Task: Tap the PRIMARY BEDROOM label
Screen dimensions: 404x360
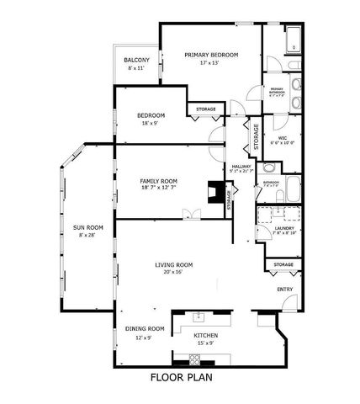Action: (x=212, y=55)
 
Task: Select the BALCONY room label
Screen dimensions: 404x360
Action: (x=137, y=60)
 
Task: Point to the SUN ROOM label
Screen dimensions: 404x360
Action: (x=87, y=227)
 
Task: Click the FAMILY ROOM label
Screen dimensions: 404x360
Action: (x=158, y=181)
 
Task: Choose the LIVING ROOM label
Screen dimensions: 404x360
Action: (x=174, y=265)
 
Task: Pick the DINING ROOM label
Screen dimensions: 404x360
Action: (x=145, y=328)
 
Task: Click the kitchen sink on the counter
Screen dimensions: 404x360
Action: (x=199, y=316)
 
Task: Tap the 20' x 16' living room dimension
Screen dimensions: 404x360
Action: (x=174, y=273)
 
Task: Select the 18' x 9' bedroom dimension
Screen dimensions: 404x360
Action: (x=152, y=123)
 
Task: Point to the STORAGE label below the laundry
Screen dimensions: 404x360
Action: (x=283, y=265)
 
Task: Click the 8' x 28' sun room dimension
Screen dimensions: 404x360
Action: (x=87, y=235)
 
